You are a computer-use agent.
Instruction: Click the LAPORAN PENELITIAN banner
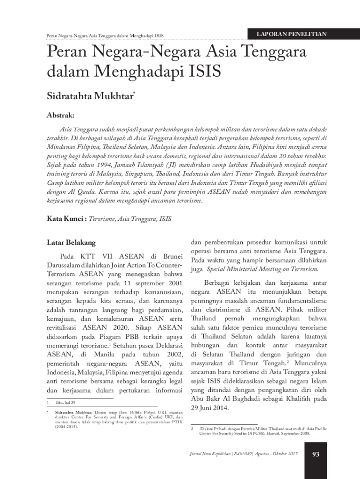coord(291,34)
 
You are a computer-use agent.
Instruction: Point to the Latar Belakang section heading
coord(71,243)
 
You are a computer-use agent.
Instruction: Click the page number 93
coord(315,454)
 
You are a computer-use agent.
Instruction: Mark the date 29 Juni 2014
coord(210,408)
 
